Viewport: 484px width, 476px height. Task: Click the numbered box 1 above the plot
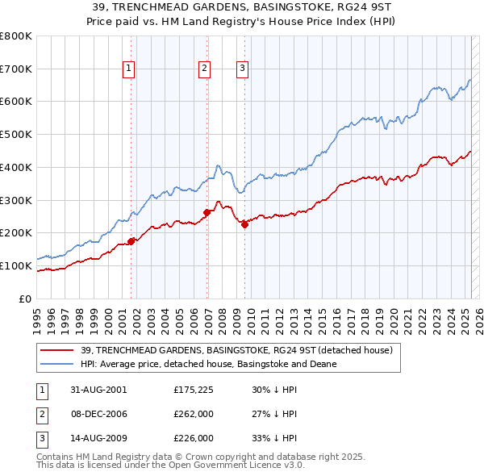(x=129, y=69)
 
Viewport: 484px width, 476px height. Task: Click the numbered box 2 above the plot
(x=205, y=69)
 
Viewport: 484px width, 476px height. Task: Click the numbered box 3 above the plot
(x=242, y=69)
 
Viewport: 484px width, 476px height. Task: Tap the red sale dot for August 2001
(x=131, y=240)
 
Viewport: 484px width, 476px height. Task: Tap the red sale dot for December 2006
(x=207, y=212)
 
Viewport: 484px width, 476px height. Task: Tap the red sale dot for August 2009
(x=245, y=224)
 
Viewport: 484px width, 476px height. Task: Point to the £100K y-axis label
(x=16, y=265)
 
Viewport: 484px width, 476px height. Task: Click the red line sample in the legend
(x=57, y=350)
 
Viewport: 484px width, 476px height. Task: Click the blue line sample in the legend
(x=57, y=364)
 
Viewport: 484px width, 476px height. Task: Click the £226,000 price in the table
(x=194, y=439)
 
